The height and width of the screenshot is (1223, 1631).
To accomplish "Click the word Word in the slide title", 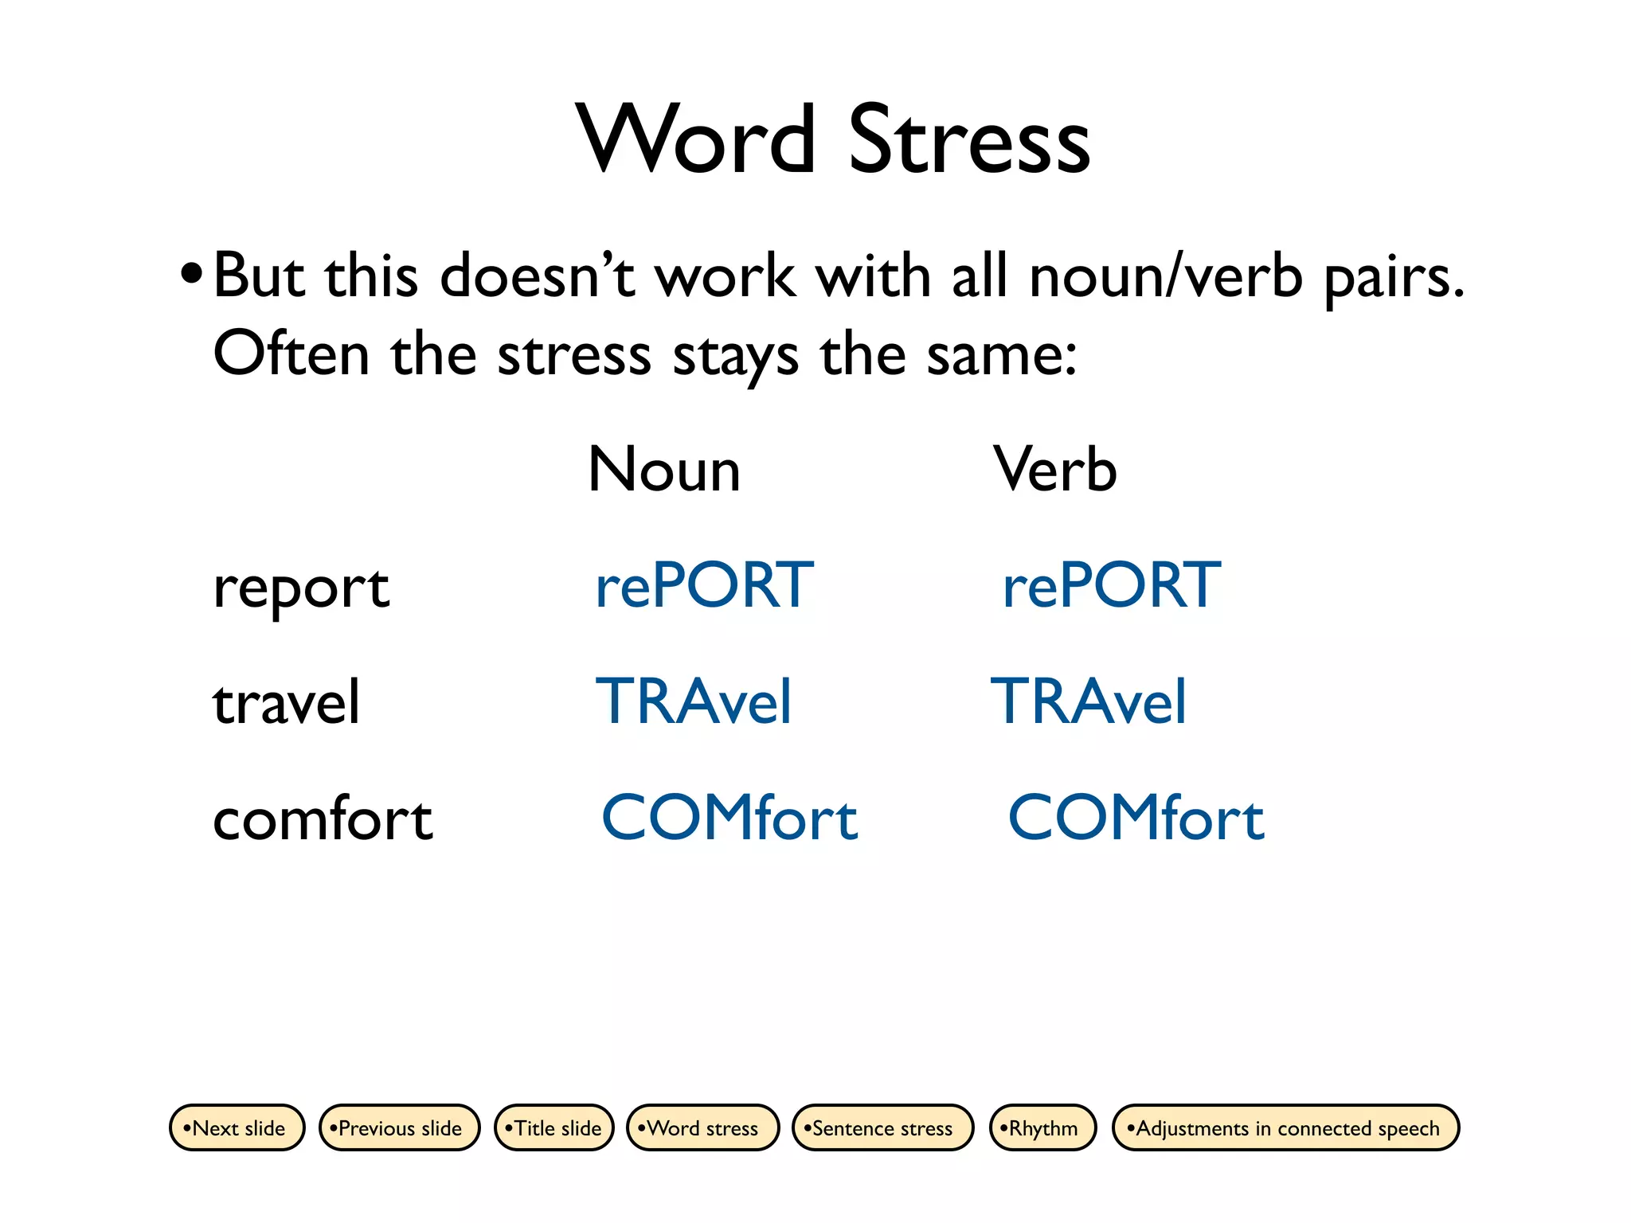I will (x=696, y=140).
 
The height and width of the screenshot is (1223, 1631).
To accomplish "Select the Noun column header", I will (x=664, y=470).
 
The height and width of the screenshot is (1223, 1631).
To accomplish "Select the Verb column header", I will (x=1054, y=470).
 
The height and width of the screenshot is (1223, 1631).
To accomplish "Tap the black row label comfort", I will (x=323, y=819).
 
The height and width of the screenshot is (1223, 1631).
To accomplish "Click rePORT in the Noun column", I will (x=704, y=586).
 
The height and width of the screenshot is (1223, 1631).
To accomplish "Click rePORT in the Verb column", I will (x=1111, y=586).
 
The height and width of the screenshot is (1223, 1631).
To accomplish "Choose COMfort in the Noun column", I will (x=729, y=819).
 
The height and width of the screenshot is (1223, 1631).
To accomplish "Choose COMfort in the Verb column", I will (x=1136, y=819).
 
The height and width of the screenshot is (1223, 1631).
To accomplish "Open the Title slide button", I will (x=554, y=1127).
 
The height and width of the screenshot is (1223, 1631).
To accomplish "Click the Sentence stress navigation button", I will (x=882, y=1127).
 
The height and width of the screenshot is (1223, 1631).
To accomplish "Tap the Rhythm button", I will (x=1042, y=1127).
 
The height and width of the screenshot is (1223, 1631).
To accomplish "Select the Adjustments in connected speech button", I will (x=1285, y=1127).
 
